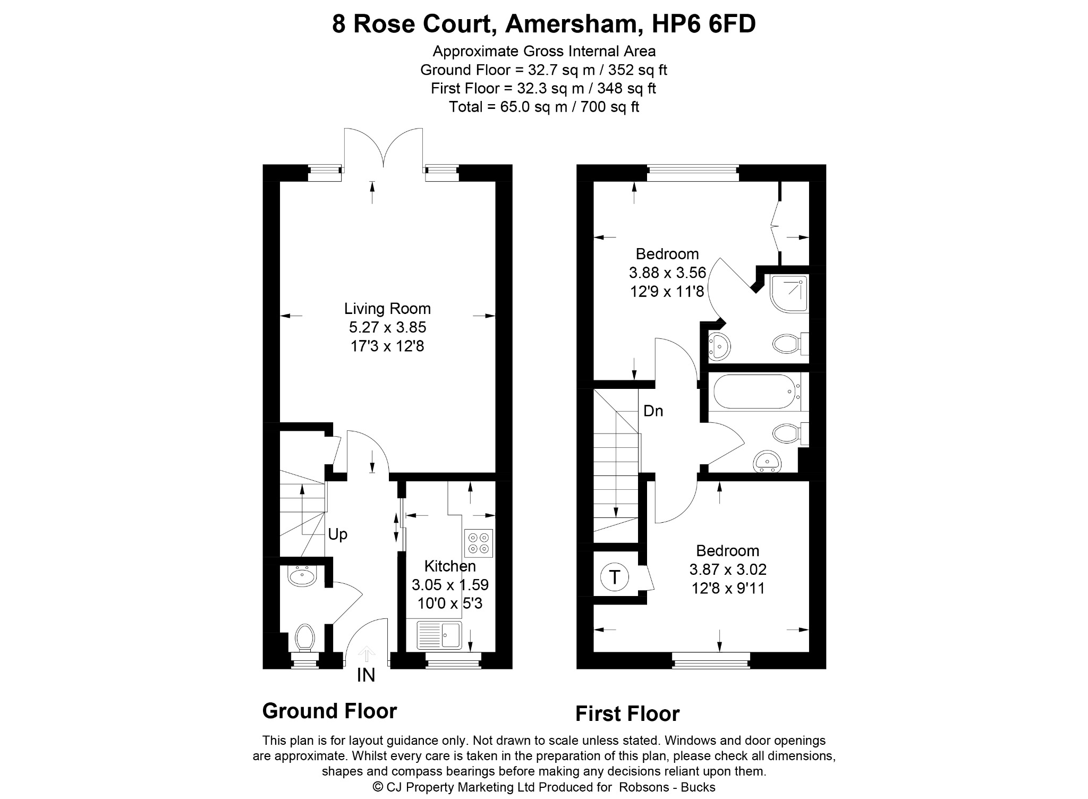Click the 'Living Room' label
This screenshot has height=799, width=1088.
(387, 309)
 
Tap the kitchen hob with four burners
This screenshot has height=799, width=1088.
(479, 543)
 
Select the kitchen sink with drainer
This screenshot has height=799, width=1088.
(439, 635)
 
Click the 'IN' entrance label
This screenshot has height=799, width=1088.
(366, 675)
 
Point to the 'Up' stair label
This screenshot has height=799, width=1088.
(337, 534)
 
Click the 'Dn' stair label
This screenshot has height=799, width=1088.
(653, 411)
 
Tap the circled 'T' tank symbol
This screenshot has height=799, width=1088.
(615, 576)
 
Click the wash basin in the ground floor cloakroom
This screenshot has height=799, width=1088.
(302, 575)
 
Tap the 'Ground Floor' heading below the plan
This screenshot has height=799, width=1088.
(329, 711)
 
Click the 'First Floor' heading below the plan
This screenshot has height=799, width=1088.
(627, 714)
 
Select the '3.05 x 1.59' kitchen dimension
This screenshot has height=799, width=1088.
(450, 585)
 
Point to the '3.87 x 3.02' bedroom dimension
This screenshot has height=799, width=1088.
(728, 569)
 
